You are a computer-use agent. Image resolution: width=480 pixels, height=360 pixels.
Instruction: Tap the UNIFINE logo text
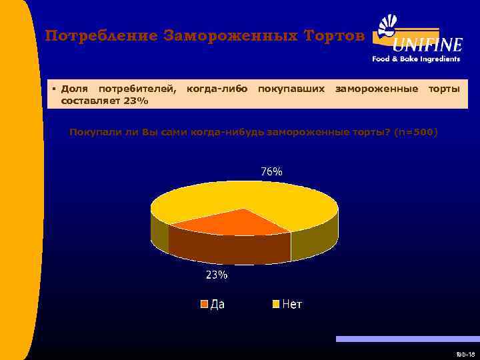(427, 45)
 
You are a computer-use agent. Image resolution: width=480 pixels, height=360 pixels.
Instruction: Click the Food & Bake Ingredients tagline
(416, 59)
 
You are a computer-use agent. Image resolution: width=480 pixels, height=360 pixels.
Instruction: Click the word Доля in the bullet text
(74, 89)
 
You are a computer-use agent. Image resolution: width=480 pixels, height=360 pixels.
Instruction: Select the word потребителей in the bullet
(137, 89)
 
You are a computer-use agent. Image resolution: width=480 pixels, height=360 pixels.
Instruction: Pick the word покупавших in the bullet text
(291, 89)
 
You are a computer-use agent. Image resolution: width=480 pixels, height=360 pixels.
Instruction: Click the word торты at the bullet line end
(443, 89)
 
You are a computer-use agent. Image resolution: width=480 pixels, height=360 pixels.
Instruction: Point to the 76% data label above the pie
(271, 171)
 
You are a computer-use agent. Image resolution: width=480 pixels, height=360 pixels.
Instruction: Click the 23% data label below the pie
(216, 275)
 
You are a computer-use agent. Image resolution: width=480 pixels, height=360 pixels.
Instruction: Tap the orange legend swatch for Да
(205, 305)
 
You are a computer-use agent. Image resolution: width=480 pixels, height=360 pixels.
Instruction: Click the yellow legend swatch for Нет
(275, 305)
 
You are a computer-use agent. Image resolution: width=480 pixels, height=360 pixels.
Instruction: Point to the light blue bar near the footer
(407, 339)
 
